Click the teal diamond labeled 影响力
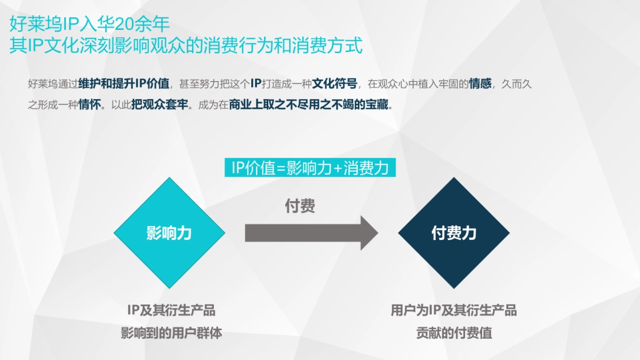coord(169,233)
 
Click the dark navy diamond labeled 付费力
coord(454,233)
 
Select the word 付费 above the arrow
coord(300,206)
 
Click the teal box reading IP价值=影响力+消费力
coord(310,167)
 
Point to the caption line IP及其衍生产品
coord(171,310)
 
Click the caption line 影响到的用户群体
coord(171,334)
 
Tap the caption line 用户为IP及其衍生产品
coord(454,310)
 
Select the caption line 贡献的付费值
coord(454,334)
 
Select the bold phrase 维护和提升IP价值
coord(124,84)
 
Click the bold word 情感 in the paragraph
coord(481,84)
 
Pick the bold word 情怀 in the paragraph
coord(90,105)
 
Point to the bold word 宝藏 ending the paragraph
coord(379,105)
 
